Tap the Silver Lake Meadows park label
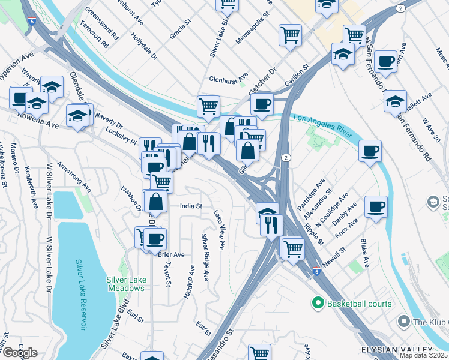pos(125,283)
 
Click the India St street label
pos(191,206)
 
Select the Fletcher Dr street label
pos(264,79)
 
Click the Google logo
pos(20,353)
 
